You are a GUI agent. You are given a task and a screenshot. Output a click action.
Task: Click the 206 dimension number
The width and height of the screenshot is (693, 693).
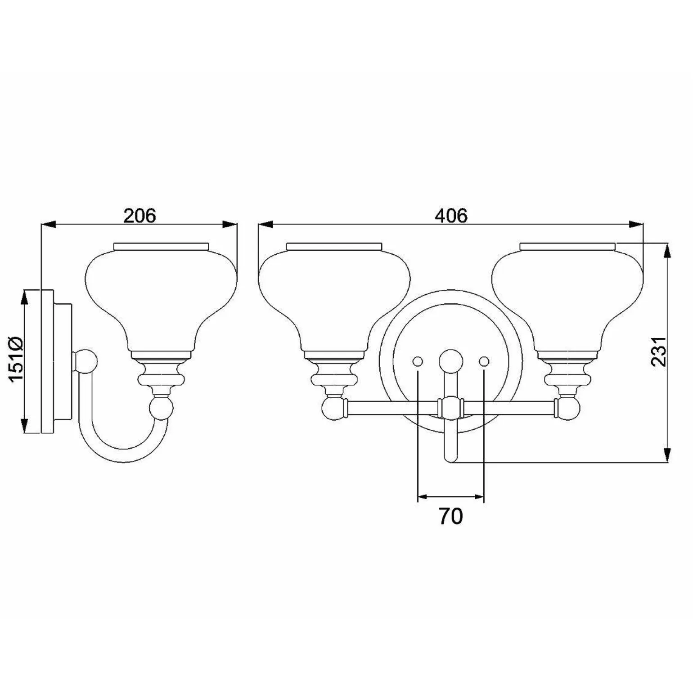pyautogui.click(x=139, y=216)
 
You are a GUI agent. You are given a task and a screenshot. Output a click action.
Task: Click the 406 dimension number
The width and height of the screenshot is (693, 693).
pyautogui.click(x=451, y=216)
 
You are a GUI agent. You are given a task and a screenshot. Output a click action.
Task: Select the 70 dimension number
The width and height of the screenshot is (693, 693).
pyautogui.click(x=450, y=517)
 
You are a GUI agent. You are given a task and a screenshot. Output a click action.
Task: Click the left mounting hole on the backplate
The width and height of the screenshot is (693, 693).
pyautogui.click(x=418, y=361)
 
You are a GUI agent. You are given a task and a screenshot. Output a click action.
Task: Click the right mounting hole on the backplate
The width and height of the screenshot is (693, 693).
pyautogui.click(x=484, y=361)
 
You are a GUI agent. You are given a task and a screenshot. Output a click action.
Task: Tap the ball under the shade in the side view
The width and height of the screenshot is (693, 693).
pyautogui.click(x=161, y=408)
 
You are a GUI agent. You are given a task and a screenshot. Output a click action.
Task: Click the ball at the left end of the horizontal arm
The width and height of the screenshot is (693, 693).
pyautogui.click(x=332, y=409)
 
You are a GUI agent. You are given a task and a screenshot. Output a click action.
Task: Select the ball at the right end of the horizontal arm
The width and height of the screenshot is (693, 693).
pyautogui.click(x=569, y=409)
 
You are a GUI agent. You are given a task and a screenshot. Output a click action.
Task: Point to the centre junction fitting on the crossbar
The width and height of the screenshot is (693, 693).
pyautogui.click(x=450, y=408)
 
